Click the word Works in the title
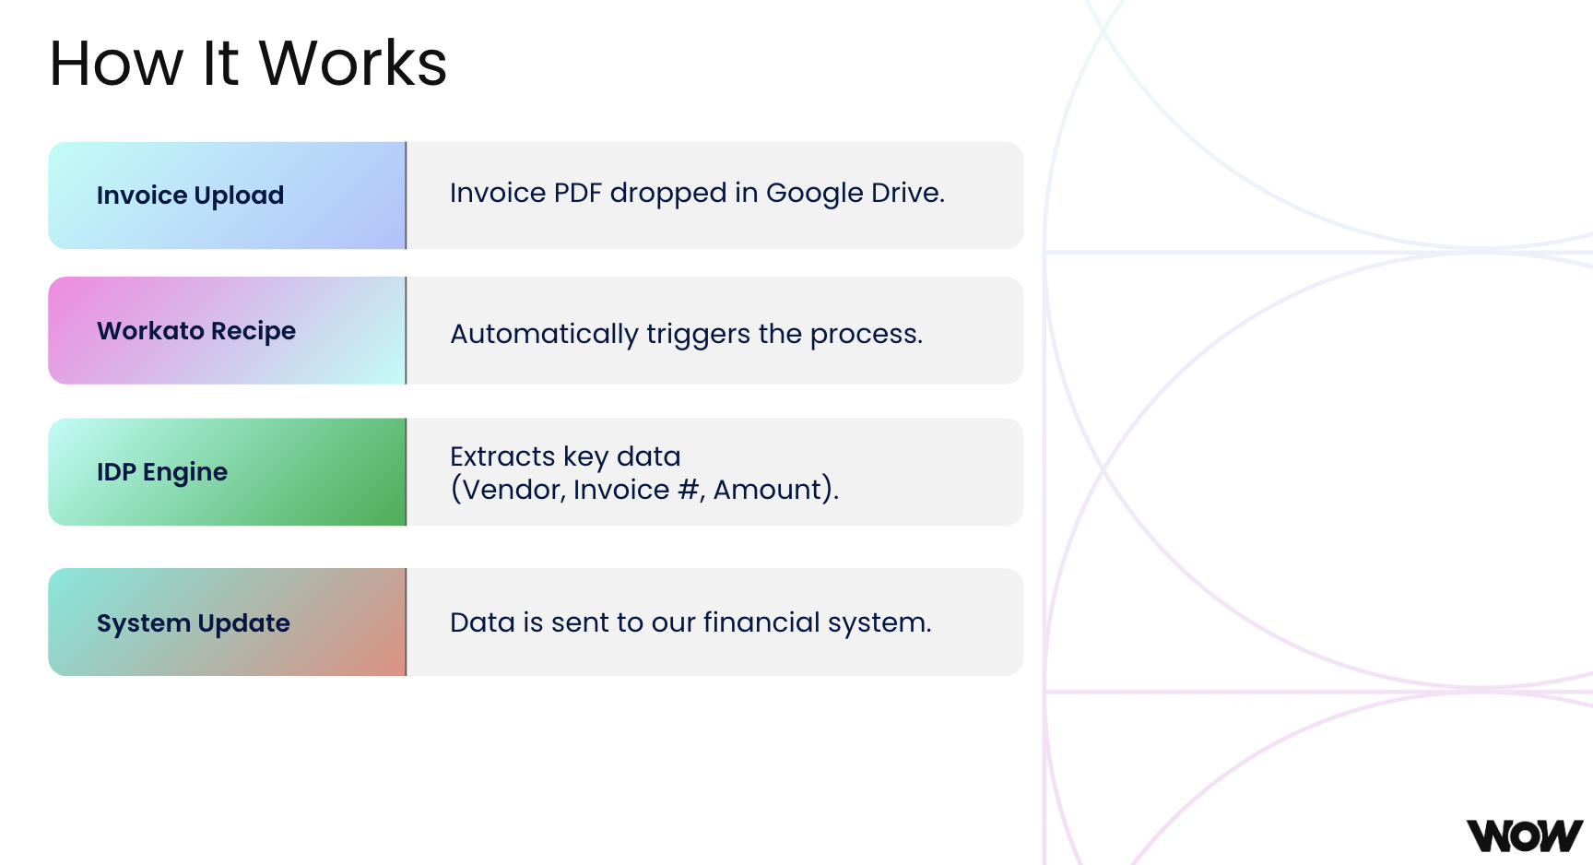[353, 64]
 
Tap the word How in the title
[116, 64]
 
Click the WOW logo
[1525, 835]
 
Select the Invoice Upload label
[190, 196]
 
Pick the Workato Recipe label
[196, 331]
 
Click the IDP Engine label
[162, 472]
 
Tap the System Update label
[194, 623]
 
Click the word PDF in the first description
[577, 193]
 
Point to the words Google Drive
[855, 193]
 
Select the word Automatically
[544, 334]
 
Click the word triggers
[698, 334]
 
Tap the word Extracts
[502, 456]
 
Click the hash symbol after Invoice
[688, 489]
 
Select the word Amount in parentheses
[767, 489]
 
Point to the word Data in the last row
[482, 622]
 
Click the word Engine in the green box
[185, 472]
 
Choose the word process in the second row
[867, 334]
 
